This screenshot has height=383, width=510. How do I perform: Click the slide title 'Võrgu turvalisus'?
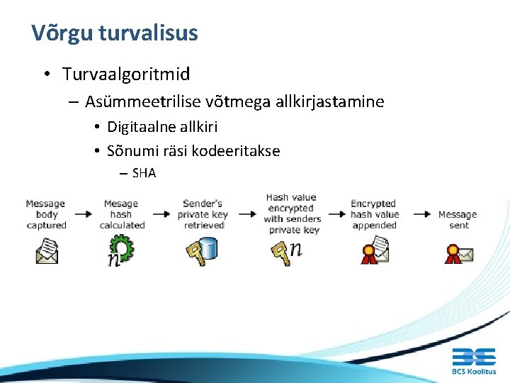115,33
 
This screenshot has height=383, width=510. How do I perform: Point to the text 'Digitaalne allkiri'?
162,127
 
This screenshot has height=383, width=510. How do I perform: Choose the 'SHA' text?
144,172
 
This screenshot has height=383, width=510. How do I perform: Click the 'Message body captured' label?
46,214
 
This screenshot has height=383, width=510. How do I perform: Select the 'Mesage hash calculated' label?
122,214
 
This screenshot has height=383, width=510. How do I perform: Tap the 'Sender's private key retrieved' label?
203,214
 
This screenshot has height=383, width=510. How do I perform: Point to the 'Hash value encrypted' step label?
291,213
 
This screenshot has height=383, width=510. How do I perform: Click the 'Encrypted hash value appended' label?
375,214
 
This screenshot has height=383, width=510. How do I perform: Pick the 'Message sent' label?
458,219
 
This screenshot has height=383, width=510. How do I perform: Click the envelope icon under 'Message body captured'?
47,250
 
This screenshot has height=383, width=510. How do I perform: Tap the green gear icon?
122,249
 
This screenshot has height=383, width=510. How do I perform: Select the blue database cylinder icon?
208,248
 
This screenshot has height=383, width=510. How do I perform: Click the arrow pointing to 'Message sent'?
422,213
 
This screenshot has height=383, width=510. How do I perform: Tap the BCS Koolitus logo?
474,362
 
